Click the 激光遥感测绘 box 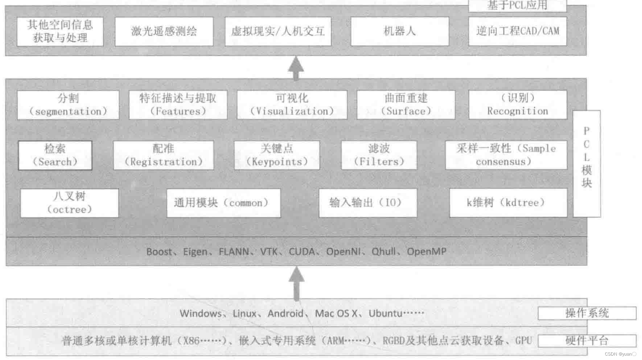(164, 31)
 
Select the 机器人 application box (400, 31)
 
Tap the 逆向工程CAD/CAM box (517, 31)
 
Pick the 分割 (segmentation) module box (68, 105)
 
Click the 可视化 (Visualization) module (292, 105)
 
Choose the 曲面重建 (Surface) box (406, 105)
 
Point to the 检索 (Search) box (55, 155)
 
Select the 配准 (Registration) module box (163, 155)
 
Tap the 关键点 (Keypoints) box (277, 155)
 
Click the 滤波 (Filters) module (379, 155)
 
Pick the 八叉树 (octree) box (69, 203)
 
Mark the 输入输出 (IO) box (368, 203)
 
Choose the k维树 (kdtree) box (508, 203)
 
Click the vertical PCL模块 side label (586, 164)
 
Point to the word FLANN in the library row (234, 252)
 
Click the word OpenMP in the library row (426, 252)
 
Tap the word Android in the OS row (285, 313)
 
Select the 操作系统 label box (587, 313)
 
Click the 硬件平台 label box (587, 341)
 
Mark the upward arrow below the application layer (296, 68)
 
